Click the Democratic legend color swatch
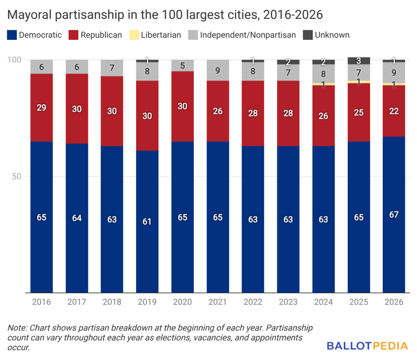click(12, 35)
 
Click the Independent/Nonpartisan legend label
click(247, 35)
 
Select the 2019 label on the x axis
click(147, 302)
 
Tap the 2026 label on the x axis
click(394, 302)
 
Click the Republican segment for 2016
click(42, 107)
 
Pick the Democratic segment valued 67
click(394, 214)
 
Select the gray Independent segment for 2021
click(217, 70)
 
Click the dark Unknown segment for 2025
click(359, 61)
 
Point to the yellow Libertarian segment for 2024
click(323, 84)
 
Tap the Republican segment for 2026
click(394, 111)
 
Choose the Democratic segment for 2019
click(147, 221)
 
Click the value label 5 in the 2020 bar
click(182, 66)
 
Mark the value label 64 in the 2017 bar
click(77, 218)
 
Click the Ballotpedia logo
click(367, 346)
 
